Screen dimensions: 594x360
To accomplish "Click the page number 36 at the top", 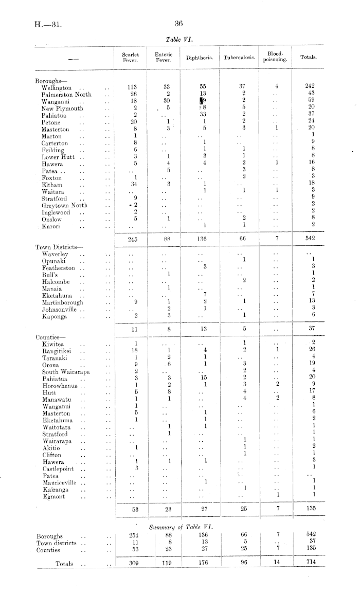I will [179, 23].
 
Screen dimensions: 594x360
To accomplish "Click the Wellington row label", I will [57, 87].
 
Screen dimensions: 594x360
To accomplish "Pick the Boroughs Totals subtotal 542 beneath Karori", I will [309, 239].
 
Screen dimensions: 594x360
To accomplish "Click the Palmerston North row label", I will [66, 95].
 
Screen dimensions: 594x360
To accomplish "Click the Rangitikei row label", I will [56, 350].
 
